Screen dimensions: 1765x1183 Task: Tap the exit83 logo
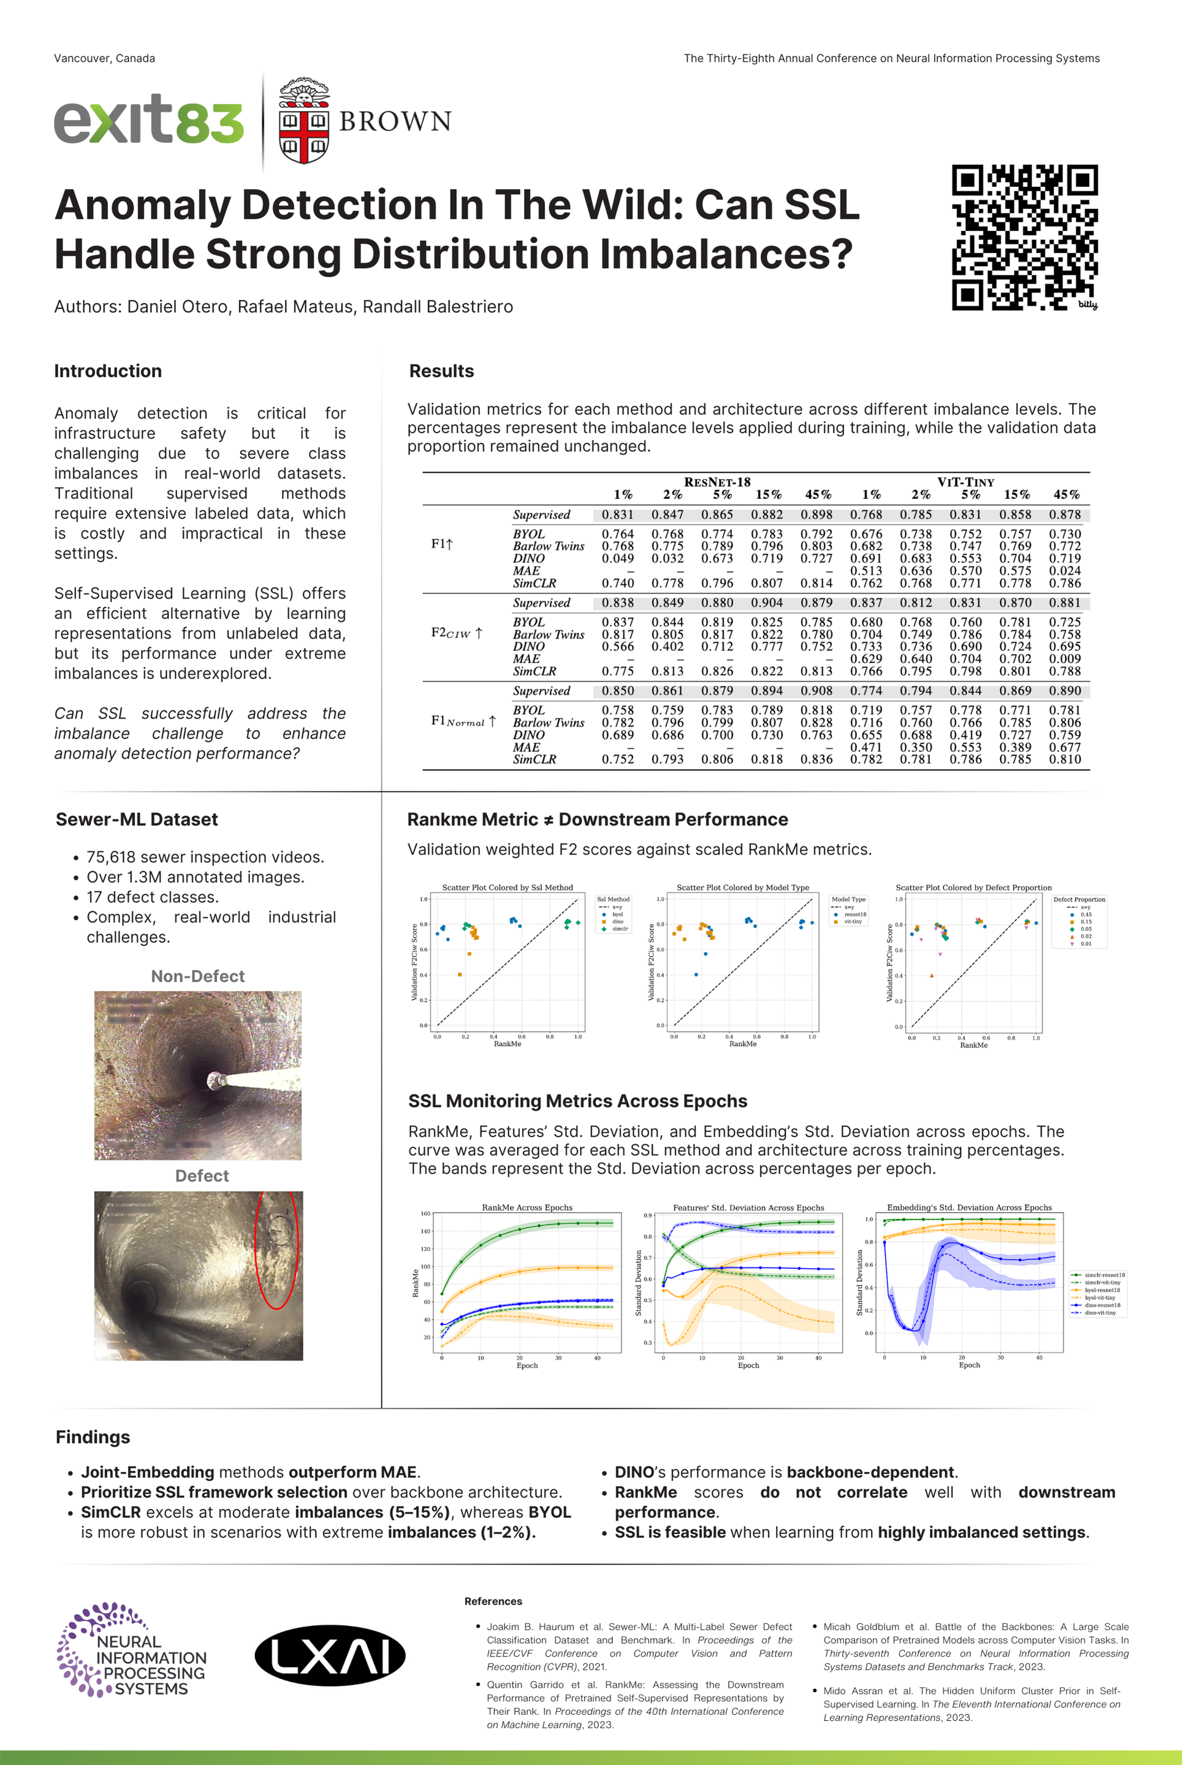(x=148, y=120)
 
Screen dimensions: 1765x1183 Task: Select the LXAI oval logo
(x=330, y=1656)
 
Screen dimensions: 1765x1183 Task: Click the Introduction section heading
(x=108, y=371)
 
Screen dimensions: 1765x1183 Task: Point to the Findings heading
(x=93, y=1437)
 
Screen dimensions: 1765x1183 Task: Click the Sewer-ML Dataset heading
(x=137, y=819)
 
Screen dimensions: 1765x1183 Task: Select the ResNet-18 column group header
(x=717, y=482)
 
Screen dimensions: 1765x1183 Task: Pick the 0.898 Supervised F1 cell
(x=817, y=514)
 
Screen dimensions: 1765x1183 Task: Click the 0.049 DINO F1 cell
(x=617, y=558)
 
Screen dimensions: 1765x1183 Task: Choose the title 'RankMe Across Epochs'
(x=527, y=1207)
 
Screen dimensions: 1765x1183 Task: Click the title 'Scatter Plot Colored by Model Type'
(x=742, y=888)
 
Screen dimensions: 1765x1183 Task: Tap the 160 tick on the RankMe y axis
(x=425, y=1213)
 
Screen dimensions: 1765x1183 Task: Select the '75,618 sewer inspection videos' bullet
(x=205, y=857)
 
